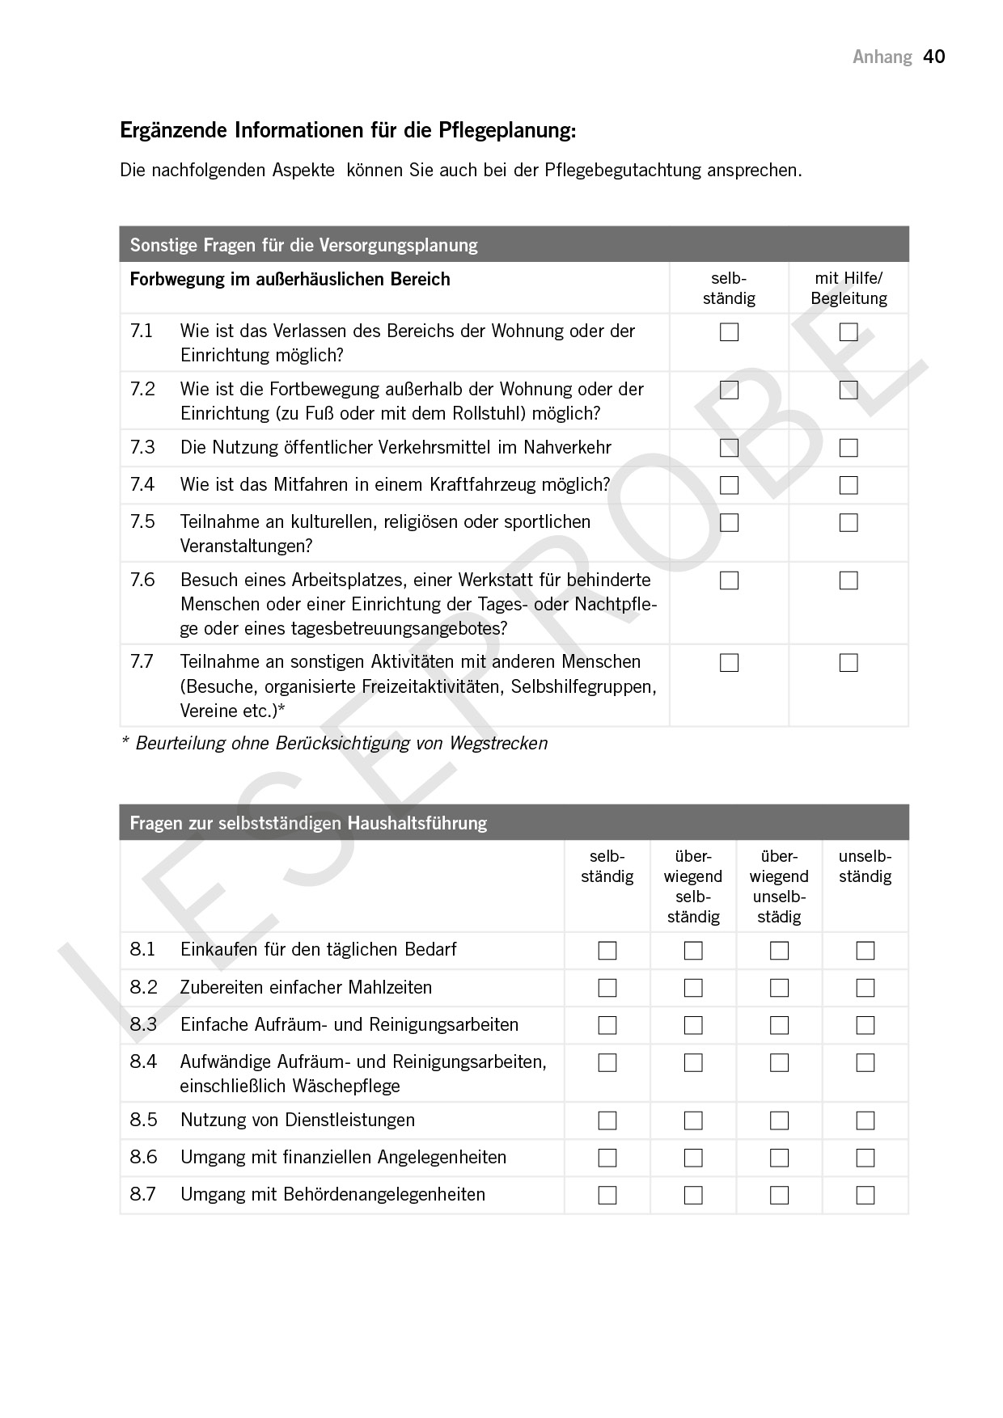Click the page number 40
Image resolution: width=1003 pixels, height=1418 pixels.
tap(934, 57)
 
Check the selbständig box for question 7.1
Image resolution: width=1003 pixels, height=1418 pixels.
tap(729, 332)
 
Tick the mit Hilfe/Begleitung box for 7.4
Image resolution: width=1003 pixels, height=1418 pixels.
tap(849, 485)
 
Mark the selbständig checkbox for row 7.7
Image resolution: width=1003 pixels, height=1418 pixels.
tap(729, 663)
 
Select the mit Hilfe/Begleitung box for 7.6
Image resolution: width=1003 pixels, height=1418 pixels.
tap(849, 580)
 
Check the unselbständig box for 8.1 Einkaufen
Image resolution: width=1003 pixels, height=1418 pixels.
tap(865, 951)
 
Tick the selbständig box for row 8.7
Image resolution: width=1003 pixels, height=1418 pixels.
tap(607, 1195)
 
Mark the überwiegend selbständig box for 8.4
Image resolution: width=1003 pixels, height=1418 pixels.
tap(693, 1062)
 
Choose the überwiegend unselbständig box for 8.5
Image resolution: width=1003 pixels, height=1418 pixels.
tap(779, 1120)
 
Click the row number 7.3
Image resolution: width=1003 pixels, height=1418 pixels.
tap(142, 448)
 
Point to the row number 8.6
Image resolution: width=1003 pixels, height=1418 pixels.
tap(143, 1158)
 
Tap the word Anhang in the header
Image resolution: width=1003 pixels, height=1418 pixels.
tap(882, 57)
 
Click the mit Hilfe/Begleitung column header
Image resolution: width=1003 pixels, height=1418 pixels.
tap(849, 289)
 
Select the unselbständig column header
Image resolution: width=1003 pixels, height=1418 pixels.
tap(865, 867)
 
